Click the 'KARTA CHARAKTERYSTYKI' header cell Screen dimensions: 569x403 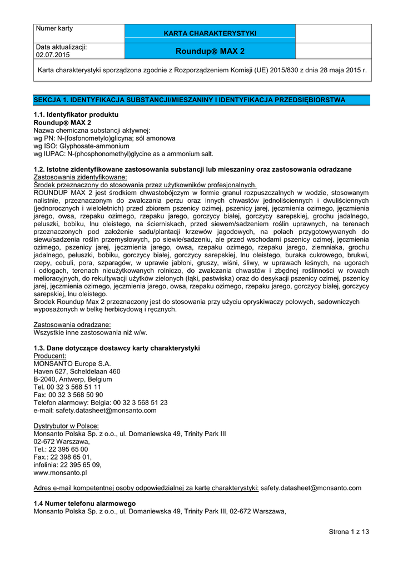(x=210, y=33)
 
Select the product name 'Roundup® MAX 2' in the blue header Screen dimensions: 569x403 (x=210, y=51)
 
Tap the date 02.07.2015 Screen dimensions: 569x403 (x=53, y=56)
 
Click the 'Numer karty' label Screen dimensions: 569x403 (x=54, y=28)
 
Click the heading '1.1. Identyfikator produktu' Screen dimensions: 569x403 (x=76, y=114)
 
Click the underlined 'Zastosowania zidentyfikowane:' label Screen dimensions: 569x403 (x=81, y=177)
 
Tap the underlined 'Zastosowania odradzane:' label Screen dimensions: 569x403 (x=72, y=324)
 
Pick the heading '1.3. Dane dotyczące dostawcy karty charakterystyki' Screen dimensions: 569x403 (x=117, y=348)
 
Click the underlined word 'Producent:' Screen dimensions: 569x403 (x=50, y=356)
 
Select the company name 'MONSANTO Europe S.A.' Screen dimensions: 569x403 (x=72, y=363)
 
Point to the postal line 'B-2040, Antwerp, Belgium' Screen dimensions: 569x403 (x=73, y=379)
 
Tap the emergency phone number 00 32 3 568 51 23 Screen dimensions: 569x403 (x=134, y=402)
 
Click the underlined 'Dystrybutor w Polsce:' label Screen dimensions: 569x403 (x=66, y=426)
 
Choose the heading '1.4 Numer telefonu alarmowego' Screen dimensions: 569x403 (x=84, y=503)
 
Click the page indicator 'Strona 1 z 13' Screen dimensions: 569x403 (x=349, y=532)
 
